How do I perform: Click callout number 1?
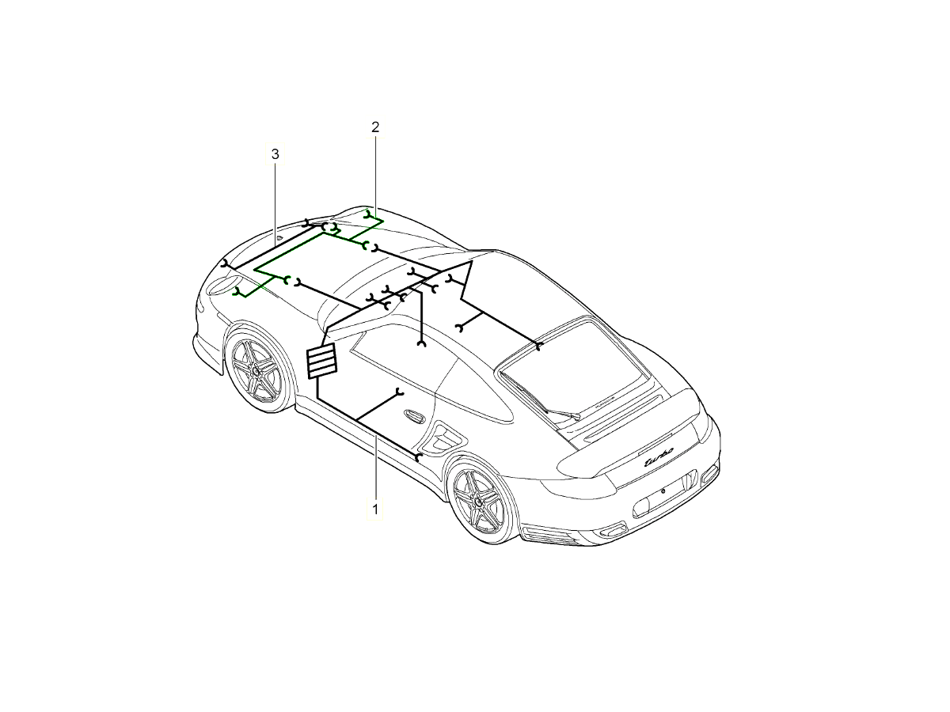point(375,509)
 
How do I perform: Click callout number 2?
point(375,127)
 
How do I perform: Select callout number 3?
point(275,154)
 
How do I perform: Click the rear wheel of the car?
point(480,502)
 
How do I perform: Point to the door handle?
point(415,415)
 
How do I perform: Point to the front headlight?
point(222,286)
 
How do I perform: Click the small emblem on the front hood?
point(279,238)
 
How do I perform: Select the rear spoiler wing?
point(632,437)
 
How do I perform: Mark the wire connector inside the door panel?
point(399,392)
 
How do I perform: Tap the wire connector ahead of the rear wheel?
point(419,457)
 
